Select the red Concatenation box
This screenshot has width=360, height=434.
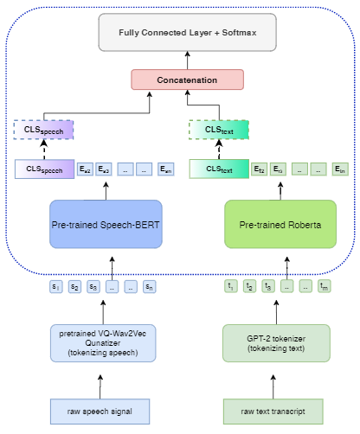(x=187, y=80)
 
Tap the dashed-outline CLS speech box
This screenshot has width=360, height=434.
(x=43, y=130)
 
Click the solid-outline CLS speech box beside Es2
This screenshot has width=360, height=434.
(x=44, y=169)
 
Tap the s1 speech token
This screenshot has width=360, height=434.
(x=55, y=286)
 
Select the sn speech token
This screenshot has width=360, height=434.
(x=149, y=286)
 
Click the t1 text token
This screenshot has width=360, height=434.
(x=230, y=286)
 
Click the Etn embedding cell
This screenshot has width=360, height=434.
(x=342, y=169)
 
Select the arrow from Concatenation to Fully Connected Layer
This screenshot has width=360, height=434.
(x=187, y=60)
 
